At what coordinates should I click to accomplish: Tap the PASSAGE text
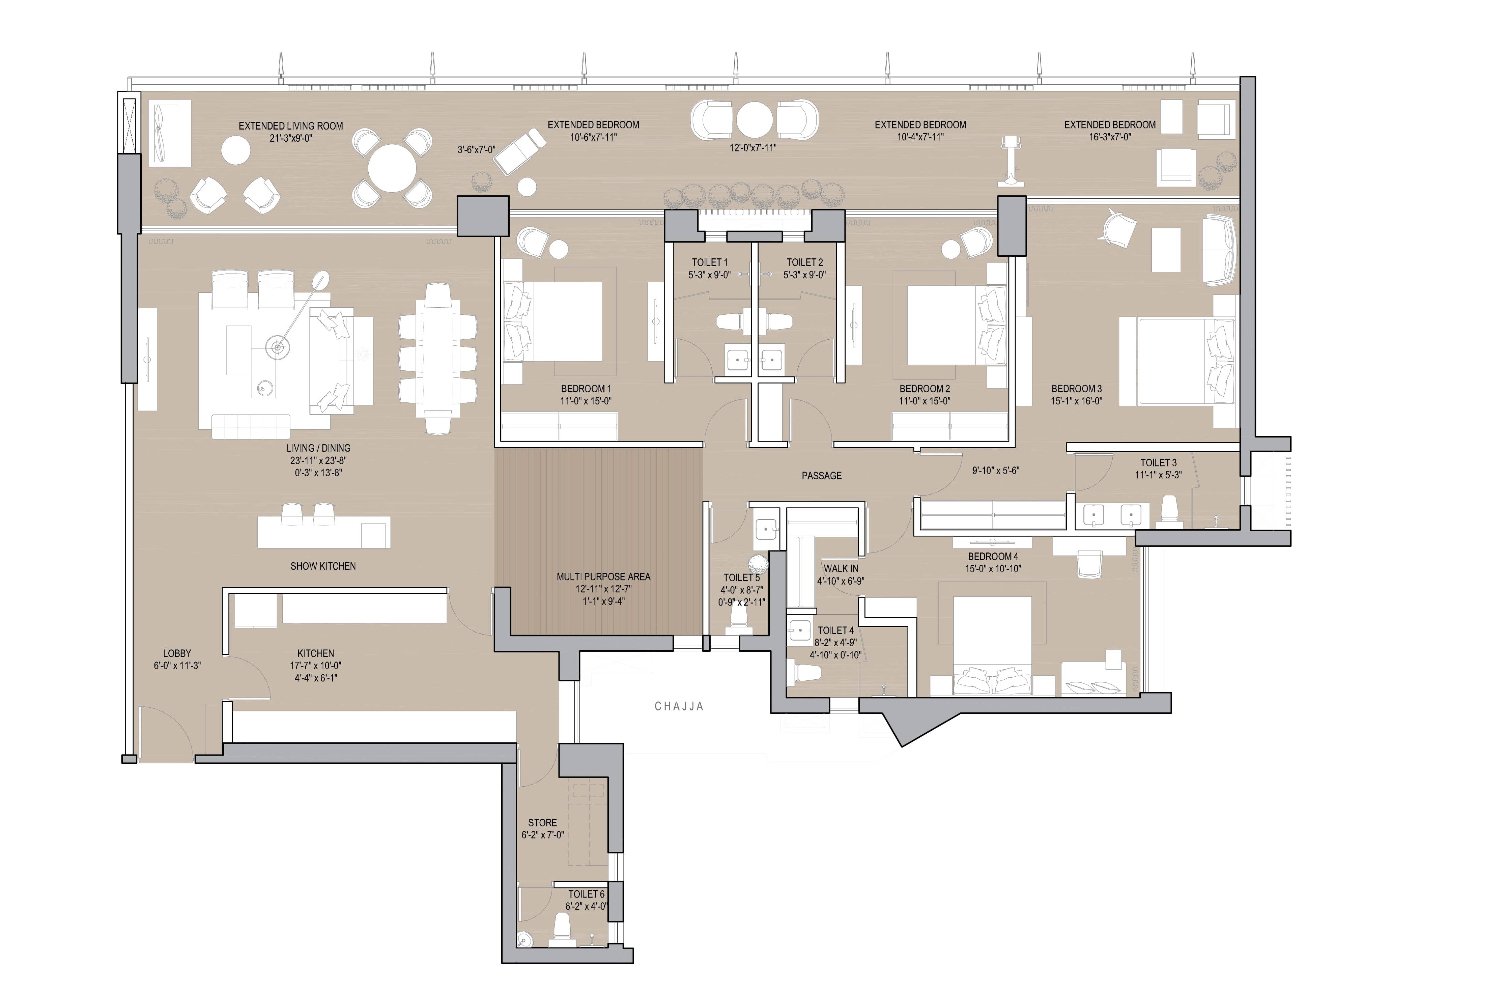point(821,475)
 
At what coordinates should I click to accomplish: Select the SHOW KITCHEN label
point(323,566)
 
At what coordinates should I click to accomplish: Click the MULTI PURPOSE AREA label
point(603,576)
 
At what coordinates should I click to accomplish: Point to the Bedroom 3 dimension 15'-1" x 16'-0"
point(1076,401)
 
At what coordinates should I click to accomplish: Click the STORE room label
point(542,823)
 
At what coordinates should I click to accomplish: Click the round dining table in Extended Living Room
point(392,168)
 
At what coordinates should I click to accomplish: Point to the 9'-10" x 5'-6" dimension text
point(995,470)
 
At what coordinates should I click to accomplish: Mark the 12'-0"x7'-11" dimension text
point(752,147)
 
